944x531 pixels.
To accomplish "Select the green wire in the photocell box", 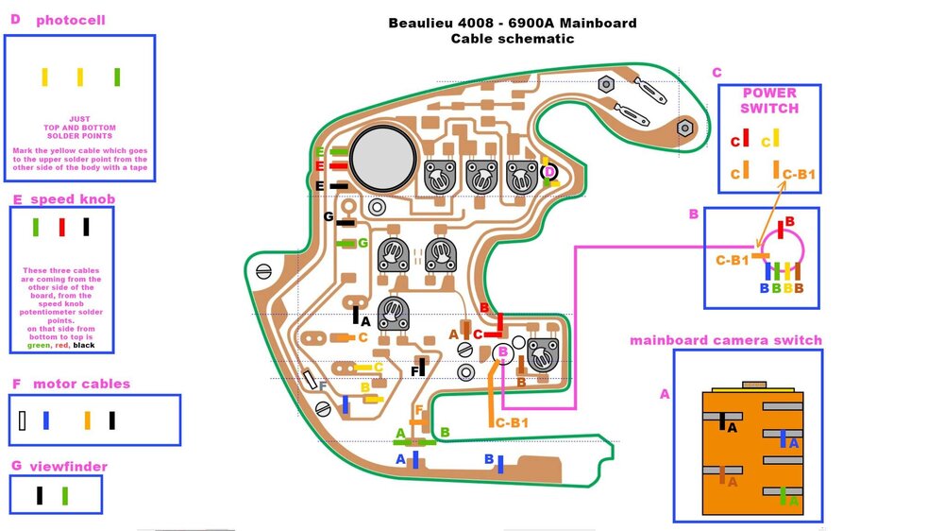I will [117, 77].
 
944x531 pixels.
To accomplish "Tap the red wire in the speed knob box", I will [61, 227].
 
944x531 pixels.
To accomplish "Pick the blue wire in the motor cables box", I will [45, 420].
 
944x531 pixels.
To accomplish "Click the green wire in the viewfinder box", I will [65, 495].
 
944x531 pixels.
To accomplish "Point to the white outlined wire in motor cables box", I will [21, 420].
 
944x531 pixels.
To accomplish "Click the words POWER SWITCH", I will [769, 100].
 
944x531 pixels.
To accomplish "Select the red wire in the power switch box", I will [746, 138].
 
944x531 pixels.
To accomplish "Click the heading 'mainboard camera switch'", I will [726, 340].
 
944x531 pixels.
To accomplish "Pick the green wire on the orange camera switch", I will [783, 495].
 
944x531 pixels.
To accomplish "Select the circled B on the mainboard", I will [503, 352].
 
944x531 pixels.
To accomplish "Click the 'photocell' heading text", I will [71, 20].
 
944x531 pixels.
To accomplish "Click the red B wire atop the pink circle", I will [781, 228].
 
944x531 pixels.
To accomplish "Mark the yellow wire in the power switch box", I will [777, 138].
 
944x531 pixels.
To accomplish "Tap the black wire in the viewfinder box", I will [40, 495].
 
